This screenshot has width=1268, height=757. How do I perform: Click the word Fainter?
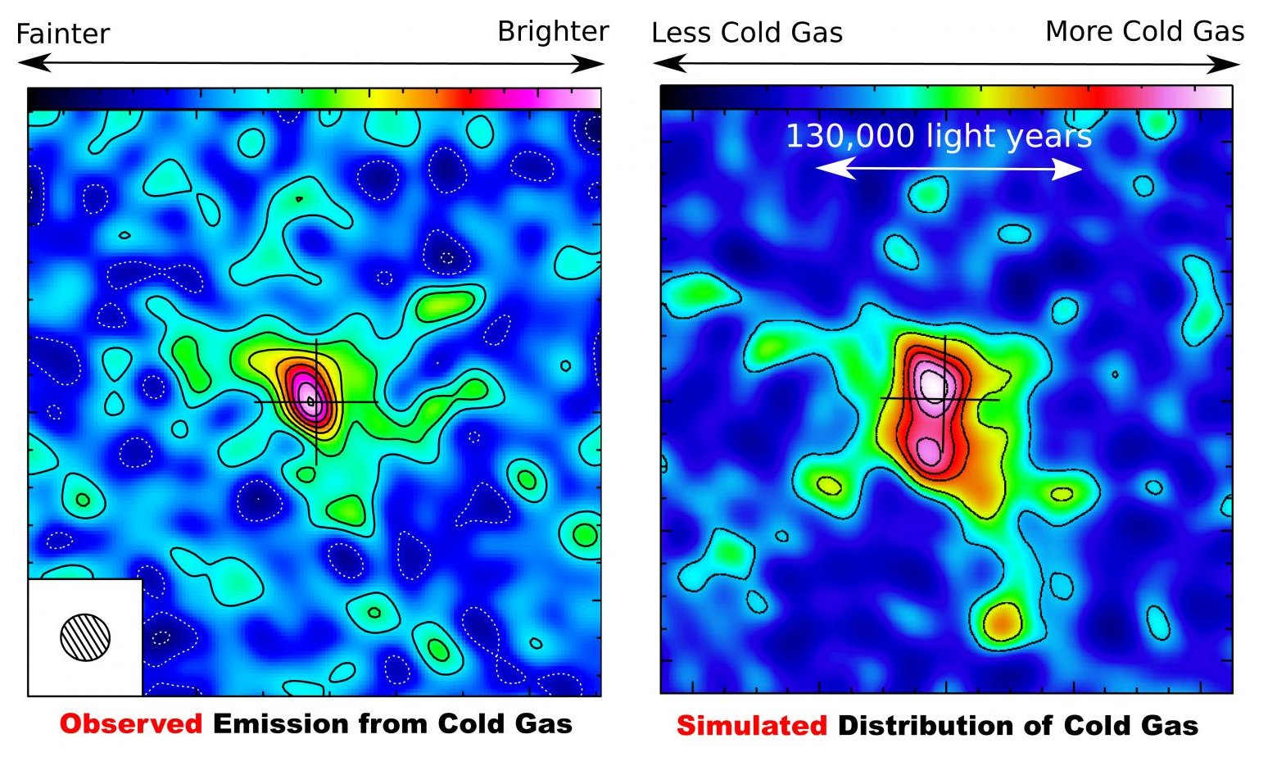click(x=62, y=34)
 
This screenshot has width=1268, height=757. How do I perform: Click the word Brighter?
click(x=553, y=31)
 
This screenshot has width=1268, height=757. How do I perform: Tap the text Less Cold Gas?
click(x=746, y=33)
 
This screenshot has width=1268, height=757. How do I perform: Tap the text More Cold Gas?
click(x=1144, y=31)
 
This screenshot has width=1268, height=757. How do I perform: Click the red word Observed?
click(x=131, y=724)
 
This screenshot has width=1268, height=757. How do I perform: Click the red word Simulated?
click(x=751, y=726)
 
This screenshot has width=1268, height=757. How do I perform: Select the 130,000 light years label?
click(x=939, y=136)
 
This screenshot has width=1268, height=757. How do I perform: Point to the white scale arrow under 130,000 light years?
click(x=949, y=169)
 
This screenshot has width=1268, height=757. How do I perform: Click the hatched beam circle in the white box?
click(x=85, y=637)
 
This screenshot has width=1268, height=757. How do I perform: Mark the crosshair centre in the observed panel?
click(x=316, y=401)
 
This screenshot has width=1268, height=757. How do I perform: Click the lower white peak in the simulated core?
click(x=929, y=449)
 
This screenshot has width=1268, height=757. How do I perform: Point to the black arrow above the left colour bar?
click(x=311, y=63)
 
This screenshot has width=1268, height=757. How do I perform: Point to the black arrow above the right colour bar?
click(x=946, y=64)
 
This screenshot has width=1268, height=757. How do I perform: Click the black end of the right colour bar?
click(x=673, y=97)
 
